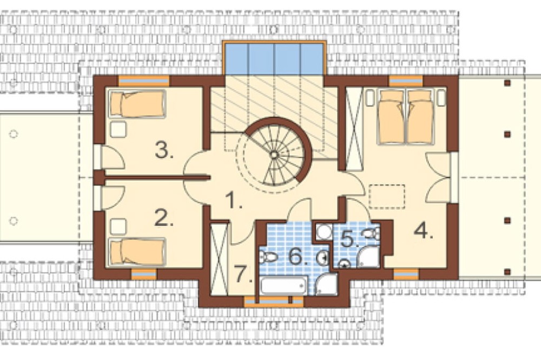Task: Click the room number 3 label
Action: tap(164, 150)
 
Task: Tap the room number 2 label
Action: tap(163, 218)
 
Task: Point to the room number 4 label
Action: tap(424, 230)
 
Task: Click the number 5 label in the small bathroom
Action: tap(349, 239)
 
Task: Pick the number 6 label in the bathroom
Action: tap(300, 256)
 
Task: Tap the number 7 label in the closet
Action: tap(243, 274)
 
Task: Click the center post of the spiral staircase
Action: tap(274, 155)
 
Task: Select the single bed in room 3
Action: tap(137, 104)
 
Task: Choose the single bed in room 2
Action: tap(137, 252)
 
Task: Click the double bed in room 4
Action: tap(406, 116)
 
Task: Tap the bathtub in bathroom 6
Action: tap(283, 286)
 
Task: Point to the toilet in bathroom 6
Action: tap(268, 257)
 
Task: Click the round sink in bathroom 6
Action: tap(323, 257)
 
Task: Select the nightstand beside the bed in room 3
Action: tap(118, 129)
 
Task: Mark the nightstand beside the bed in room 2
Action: tap(118, 226)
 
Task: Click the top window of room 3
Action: tap(144, 81)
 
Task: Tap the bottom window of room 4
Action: tap(406, 274)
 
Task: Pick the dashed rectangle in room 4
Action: tap(387, 197)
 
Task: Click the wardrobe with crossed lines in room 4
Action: tap(354, 129)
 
